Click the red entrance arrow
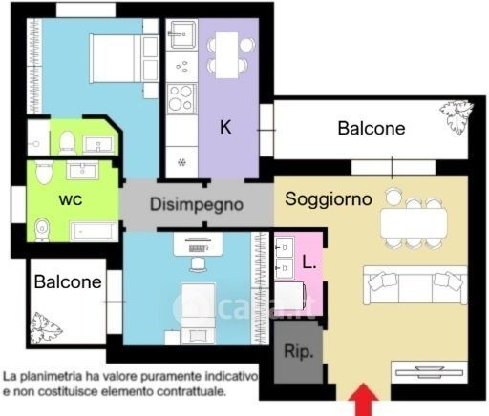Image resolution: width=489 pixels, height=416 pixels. point(363,400)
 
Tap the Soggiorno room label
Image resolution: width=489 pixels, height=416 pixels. point(329,199)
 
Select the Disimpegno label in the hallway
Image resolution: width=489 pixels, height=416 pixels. point(197,204)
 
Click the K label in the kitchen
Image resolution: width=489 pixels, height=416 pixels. point(225,127)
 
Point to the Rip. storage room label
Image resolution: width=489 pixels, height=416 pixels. point(298,352)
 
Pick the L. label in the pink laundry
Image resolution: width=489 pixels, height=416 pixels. point(308,262)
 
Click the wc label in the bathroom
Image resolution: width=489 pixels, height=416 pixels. point(71,199)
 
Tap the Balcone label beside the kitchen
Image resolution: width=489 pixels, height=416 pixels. point(372,128)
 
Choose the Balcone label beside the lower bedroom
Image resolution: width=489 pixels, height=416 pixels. point(68,281)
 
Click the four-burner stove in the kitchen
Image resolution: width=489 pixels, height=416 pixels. point(181,98)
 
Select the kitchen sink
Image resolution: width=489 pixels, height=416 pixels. point(181,34)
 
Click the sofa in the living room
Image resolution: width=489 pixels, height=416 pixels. point(415,285)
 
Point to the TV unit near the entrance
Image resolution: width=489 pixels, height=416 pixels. point(429,372)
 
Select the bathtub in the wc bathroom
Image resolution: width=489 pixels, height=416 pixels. point(94,231)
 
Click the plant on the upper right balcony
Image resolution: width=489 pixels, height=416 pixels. point(456,117)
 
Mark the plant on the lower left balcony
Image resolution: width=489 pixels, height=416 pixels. point(44,328)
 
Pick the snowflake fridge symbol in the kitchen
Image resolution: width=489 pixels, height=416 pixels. point(181,163)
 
